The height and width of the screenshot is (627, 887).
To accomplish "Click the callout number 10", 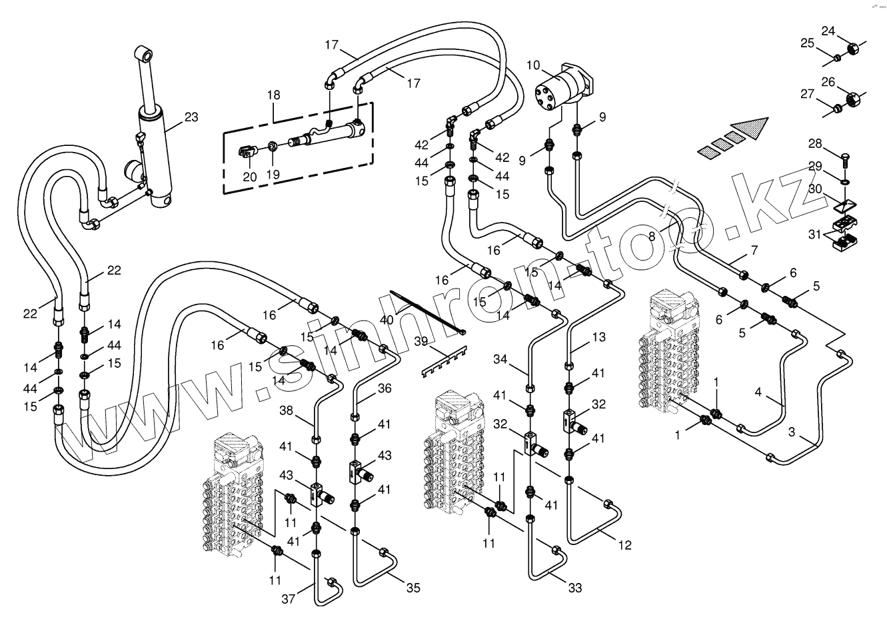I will coord(532,65).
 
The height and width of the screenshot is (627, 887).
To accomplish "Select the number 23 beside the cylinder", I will coord(191,117).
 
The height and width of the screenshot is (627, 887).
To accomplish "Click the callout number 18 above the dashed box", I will coord(274,95).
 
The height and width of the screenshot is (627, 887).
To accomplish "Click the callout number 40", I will coord(387,319).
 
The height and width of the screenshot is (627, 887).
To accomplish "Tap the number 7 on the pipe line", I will coord(754,251).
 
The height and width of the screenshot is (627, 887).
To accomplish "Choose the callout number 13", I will coord(598,338).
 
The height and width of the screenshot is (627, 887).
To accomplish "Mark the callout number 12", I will coord(624,546).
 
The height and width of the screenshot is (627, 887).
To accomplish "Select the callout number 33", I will coord(574,588).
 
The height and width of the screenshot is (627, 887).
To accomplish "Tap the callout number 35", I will coord(413,588).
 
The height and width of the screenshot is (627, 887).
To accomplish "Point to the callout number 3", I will coord(791,432).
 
